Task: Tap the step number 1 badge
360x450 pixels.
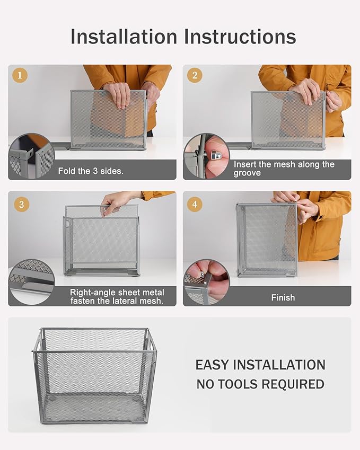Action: tap(20, 75)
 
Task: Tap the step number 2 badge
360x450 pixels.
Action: tap(195, 75)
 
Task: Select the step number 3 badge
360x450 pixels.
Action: tap(20, 204)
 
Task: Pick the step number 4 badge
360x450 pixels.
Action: tap(195, 204)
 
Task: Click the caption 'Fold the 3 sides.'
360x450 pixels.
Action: tap(90, 171)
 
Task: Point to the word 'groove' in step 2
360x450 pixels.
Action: tap(247, 173)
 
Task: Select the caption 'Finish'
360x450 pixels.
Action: tap(283, 297)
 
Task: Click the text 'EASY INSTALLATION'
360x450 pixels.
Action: tap(260, 365)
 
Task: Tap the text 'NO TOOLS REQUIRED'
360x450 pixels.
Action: tap(260, 384)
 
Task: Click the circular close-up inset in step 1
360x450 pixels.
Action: tap(31, 156)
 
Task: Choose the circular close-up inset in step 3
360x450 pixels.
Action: tap(31, 281)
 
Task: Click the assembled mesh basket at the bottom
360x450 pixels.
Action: tap(95, 375)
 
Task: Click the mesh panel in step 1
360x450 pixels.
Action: tap(109, 119)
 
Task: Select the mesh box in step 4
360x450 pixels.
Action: tap(267, 240)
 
